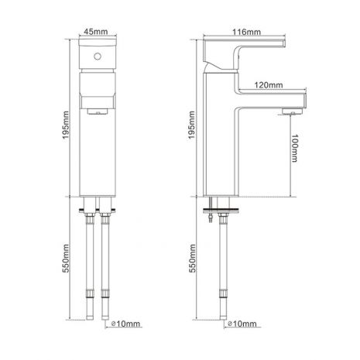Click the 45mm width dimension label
96,32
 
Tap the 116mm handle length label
246,32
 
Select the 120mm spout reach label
269,85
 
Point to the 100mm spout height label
294,148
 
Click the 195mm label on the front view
66,125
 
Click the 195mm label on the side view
191,125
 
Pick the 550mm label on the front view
66,259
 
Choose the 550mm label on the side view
192,259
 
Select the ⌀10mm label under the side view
242,324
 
